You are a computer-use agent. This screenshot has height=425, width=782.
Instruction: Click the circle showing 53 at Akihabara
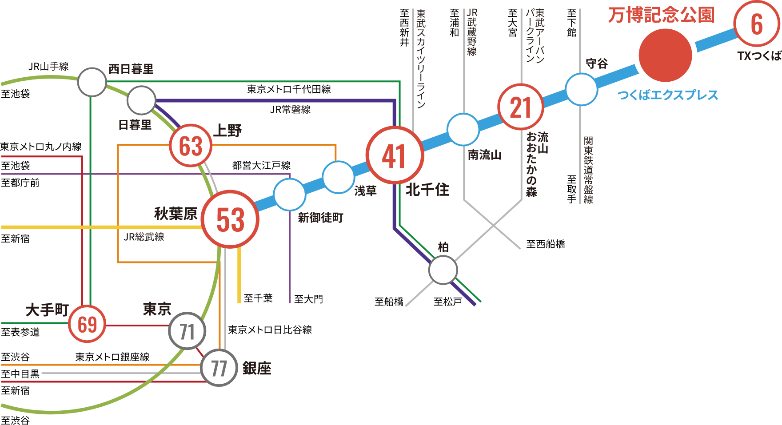pos(230,219)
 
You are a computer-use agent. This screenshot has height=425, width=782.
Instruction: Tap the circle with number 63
pos(191,146)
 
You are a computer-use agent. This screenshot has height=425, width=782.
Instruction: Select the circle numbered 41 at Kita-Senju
pos(395,155)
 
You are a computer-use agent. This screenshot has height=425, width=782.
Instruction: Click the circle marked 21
pos(521,107)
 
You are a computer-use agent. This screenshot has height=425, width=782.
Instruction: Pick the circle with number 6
pos(756,24)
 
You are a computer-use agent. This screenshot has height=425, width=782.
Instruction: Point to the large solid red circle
pos(665,56)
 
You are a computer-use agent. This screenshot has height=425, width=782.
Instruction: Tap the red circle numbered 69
pos(87,324)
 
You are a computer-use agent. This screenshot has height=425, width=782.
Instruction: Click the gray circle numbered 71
pos(187,331)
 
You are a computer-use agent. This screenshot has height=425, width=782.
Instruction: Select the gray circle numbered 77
pos(219,368)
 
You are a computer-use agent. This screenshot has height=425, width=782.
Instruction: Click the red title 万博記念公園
pos(661,15)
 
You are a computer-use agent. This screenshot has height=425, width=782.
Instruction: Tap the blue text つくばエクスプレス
pos(668,95)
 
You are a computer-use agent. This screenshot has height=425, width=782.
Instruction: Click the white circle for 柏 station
pos(443,270)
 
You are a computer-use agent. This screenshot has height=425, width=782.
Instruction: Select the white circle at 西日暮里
pos(92,82)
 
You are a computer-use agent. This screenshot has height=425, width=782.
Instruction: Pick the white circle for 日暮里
pos(141,100)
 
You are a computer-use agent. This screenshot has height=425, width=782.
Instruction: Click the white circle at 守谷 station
pos(581,89)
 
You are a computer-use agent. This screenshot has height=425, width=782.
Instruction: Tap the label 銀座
pos(256,368)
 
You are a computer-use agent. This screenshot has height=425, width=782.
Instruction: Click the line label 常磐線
pos(296,109)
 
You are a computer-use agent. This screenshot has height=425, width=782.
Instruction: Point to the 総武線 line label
pos(150,237)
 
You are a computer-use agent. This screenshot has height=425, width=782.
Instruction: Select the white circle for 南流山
pos(463,129)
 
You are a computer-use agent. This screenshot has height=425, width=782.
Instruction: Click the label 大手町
pos(47,310)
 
